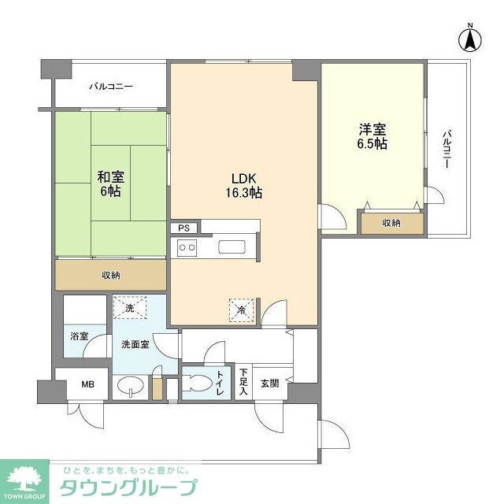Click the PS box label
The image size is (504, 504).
(183, 228)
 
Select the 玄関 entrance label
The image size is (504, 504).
(269, 384)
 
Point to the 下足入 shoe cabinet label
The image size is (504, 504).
(243, 382)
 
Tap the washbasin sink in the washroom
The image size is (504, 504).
(130, 386)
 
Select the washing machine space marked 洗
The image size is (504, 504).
(129, 307)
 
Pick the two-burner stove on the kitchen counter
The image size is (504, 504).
(187, 248)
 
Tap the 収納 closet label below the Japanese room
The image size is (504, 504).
(111, 275)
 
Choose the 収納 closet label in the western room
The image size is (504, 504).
(391, 224)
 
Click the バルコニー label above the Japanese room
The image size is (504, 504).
(110, 87)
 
